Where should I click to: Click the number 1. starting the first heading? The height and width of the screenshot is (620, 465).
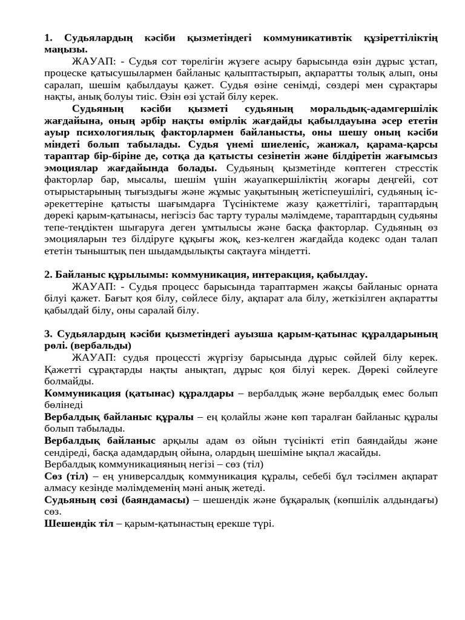(50, 38)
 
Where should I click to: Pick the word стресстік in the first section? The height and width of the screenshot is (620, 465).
(409, 168)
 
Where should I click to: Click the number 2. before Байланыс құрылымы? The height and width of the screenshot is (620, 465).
(49, 274)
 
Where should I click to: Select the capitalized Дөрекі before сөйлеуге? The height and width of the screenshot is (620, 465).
(369, 369)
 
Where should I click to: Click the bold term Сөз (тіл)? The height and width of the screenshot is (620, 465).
(67, 476)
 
